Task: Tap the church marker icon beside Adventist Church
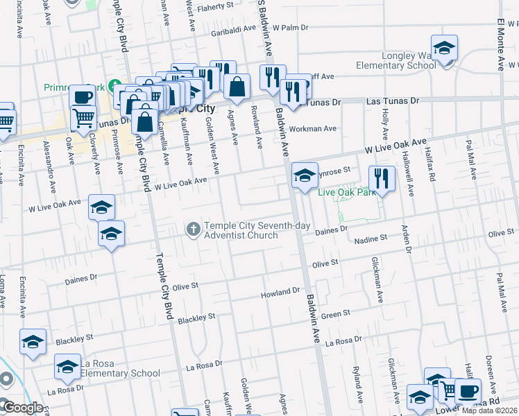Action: point(194,227)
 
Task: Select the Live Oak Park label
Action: point(346,192)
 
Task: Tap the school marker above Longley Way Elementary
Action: point(444,48)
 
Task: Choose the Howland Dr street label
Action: point(279,293)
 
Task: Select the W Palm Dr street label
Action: point(290,28)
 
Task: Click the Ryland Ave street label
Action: point(357,385)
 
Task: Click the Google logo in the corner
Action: point(24,408)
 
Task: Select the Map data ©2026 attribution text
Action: point(490,410)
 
